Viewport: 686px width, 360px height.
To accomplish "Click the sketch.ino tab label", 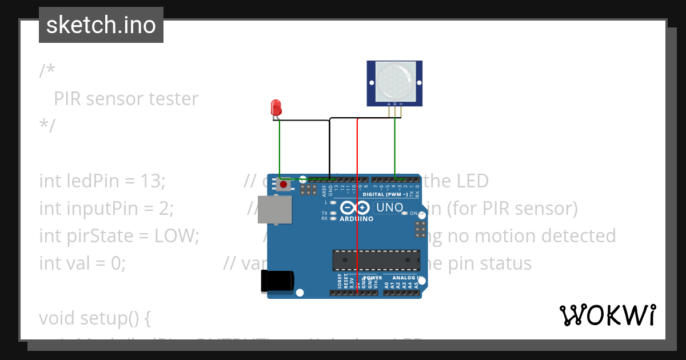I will (101, 25).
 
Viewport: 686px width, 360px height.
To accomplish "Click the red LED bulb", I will (276, 107).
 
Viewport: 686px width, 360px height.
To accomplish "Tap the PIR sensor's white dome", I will (394, 80).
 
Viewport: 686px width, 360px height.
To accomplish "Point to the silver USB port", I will (273, 209).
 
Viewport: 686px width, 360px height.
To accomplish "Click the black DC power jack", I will (277, 281).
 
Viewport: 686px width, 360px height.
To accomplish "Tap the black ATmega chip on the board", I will (376, 259).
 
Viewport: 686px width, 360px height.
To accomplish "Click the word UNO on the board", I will (389, 207).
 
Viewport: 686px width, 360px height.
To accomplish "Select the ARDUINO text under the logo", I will (356, 219).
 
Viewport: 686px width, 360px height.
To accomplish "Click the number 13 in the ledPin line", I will (152, 181).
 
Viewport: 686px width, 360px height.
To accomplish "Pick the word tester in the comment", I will (173, 99).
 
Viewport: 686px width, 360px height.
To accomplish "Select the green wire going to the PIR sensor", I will (395, 149).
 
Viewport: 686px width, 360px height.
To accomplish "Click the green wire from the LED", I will (279, 149).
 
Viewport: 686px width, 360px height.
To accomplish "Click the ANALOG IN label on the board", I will (407, 278).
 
